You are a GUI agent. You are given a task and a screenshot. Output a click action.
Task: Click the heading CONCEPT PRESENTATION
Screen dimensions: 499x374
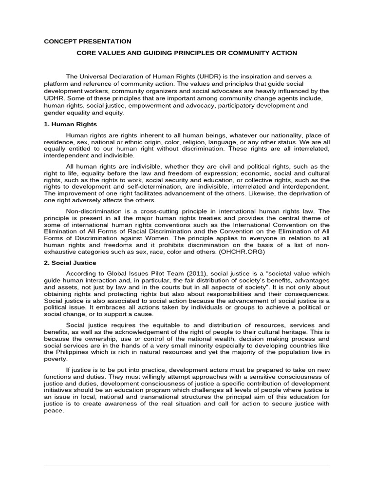tap(88, 41)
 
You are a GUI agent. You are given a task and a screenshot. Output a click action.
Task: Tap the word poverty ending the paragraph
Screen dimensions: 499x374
tap(55, 359)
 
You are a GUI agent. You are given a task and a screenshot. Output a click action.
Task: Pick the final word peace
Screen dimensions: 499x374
tap(53, 411)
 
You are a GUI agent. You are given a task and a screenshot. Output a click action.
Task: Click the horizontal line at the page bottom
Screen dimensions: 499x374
tap(187, 465)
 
